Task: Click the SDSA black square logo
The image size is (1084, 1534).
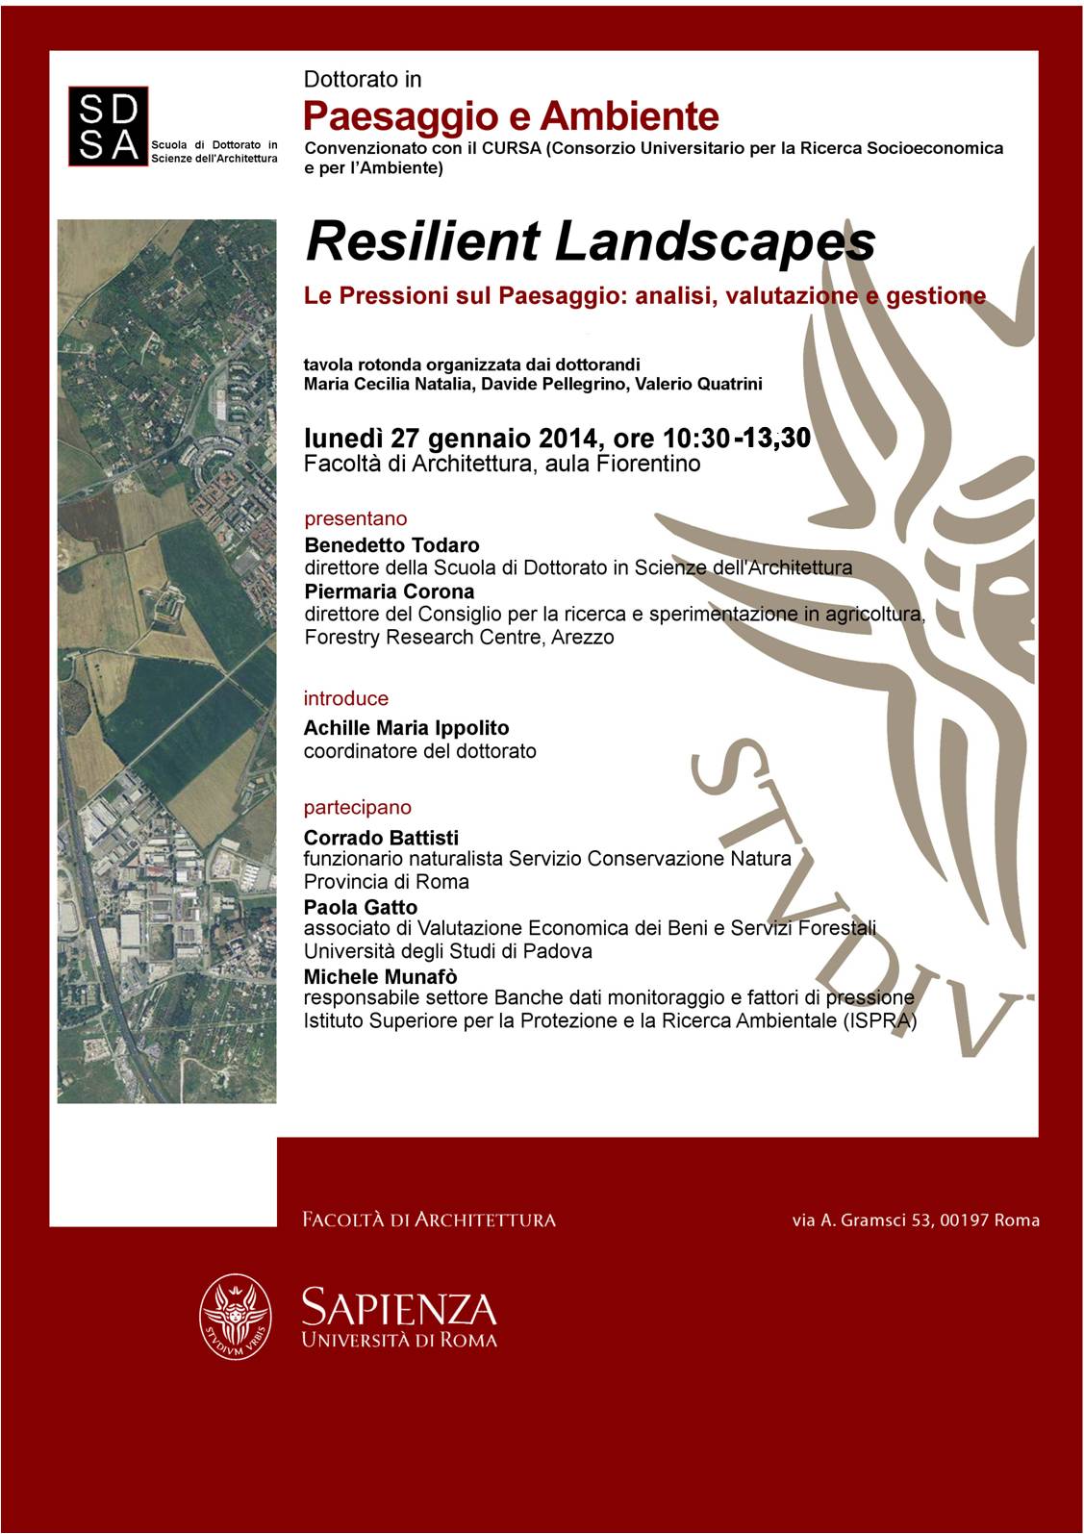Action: point(108,126)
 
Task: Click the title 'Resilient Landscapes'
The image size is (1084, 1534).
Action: point(590,241)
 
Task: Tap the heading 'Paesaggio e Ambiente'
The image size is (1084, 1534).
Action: point(511,116)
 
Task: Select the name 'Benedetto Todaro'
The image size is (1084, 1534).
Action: point(391,545)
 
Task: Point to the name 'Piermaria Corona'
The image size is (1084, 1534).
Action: point(390,591)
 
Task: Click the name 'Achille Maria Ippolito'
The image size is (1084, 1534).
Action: point(406,728)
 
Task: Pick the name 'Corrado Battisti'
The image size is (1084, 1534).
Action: point(381,838)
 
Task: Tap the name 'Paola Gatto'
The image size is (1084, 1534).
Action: point(361,907)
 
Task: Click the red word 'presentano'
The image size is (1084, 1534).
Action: point(355,519)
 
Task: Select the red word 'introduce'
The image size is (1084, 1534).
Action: point(346,699)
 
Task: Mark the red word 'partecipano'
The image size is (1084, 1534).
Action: point(357,808)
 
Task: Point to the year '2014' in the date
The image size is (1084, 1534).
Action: point(569,439)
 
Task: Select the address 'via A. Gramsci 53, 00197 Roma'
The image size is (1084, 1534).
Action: point(916,1220)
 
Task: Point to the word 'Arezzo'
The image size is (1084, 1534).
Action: point(583,638)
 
